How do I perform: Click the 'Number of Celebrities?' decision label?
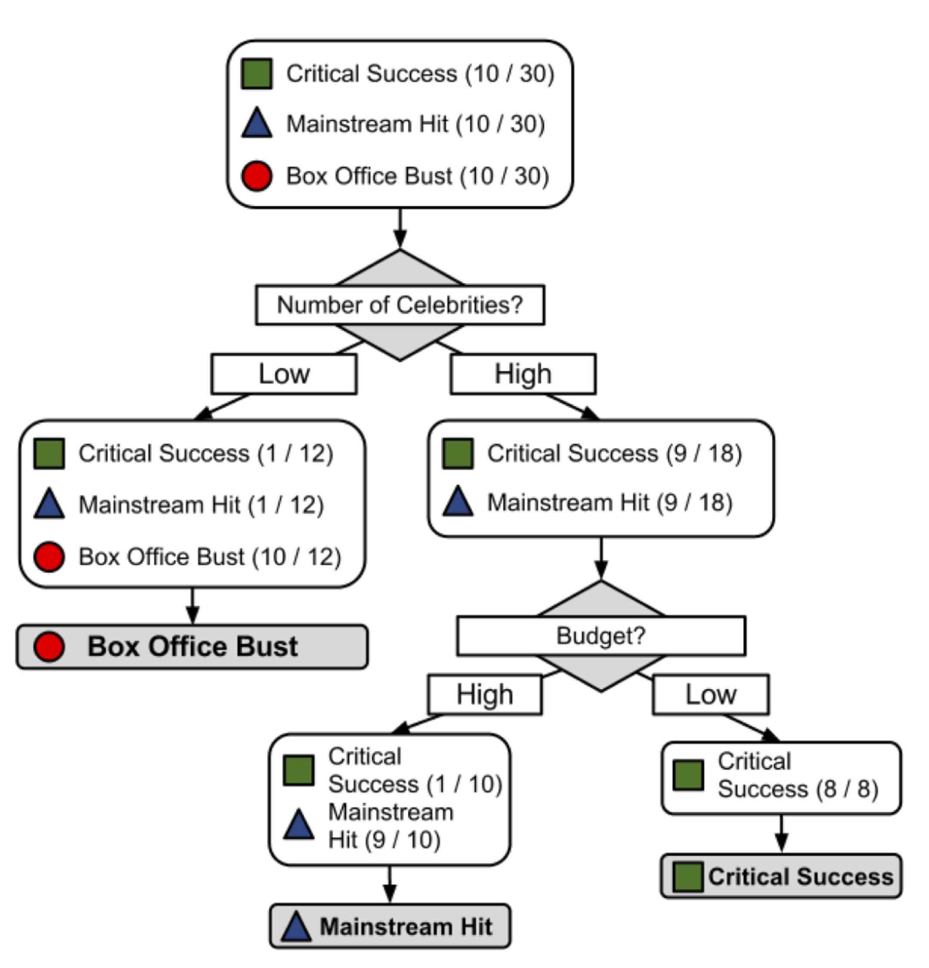click(x=400, y=305)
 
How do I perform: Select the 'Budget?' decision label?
click(x=601, y=635)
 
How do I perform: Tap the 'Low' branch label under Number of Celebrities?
click(x=284, y=374)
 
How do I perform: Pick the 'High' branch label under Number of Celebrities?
click(x=523, y=374)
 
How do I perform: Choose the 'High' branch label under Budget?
click(x=484, y=694)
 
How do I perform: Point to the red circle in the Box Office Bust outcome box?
click(x=49, y=647)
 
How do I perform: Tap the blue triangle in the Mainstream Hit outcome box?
click(x=296, y=927)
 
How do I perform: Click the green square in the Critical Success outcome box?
click(x=687, y=877)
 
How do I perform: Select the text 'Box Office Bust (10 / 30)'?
click(x=418, y=176)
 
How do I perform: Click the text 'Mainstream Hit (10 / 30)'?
click(x=415, y=124)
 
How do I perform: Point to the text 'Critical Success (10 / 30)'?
click(x=420, y=74)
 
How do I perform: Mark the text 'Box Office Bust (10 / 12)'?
click(x=210, y=557)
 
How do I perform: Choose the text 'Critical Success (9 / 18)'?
click(x=614, y=453)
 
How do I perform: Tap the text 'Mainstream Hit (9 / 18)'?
click(x=609, y=503)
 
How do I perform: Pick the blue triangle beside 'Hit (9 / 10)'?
click(x=298, y=825)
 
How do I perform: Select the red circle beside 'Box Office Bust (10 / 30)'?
click(x=257, y=176)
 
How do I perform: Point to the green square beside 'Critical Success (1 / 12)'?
click(x=49, y=453)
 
